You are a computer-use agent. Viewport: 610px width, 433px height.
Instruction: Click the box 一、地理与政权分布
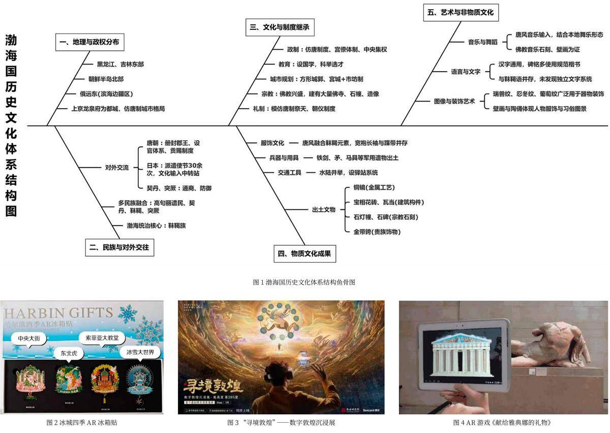(89, 42)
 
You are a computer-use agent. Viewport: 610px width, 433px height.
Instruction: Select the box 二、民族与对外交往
(120, 248)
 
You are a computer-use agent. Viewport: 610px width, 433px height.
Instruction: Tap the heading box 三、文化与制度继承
(279, 28)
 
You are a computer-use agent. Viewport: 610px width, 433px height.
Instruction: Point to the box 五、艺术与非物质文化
(461, 12)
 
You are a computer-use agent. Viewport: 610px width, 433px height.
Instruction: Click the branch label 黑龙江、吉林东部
(120, 65)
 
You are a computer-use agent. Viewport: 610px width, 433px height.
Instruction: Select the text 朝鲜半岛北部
(106, 79)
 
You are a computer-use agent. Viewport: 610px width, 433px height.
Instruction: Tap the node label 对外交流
(116, 167)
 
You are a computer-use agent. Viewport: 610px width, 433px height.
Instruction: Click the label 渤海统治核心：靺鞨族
(152, 226)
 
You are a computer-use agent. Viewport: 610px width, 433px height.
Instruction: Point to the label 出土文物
(323, 209)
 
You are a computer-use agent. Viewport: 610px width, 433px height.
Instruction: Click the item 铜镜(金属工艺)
(374, 188)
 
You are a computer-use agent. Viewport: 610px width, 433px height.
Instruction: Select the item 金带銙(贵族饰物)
(377, 232)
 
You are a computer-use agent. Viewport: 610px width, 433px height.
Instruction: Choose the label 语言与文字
(466, 72)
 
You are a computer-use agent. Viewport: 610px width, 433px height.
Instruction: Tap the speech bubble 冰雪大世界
(136, 352)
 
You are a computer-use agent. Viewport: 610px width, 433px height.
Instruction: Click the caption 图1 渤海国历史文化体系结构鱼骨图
(304, 282)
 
